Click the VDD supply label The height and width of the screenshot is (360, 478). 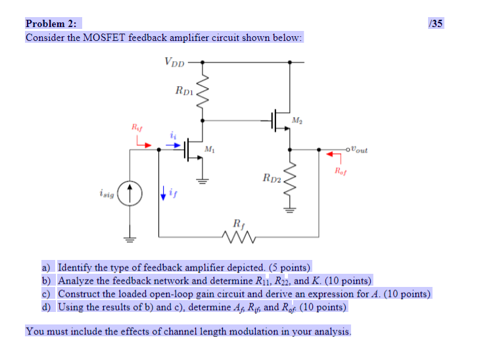pyautogui.click(x=174, y=63)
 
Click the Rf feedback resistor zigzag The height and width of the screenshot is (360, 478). pyautogui.click(x=238, y=236)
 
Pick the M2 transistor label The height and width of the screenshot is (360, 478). pyautogui.click(x=299, y=120)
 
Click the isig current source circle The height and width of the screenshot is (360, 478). pyautogui.click(x=130, y=194)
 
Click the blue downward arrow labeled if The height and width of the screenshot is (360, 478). pyautogui.click(x=162, y=193)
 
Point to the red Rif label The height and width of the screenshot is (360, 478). pyautogui.click(x=136, y=127)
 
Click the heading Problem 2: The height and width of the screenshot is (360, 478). pyautogui.click(x=51, y=24)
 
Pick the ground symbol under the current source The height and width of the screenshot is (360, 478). pyautogui.click(x=130, y=240)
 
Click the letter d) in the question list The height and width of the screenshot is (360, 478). pyautogui.click(x=47, y=307)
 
